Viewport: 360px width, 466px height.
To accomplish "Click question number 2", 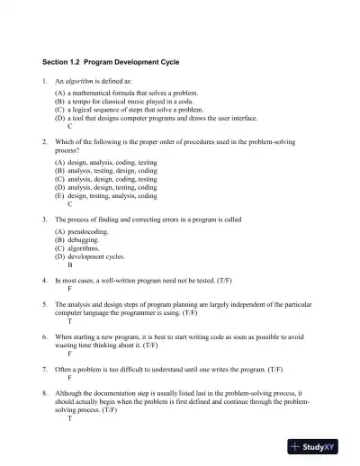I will tap(45, 143).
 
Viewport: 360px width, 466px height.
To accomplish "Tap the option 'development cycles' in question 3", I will tap(95, 256).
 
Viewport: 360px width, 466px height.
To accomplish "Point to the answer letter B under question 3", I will tap(70, 265).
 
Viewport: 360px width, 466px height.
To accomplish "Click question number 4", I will tap(45, 281).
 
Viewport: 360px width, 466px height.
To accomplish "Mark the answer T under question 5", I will tap(70, 321).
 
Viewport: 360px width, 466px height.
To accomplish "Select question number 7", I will tap(45, 370).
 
